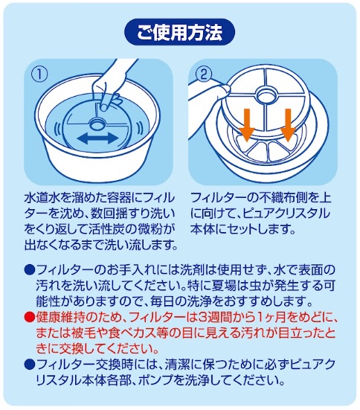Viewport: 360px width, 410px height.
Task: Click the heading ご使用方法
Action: (179, 32)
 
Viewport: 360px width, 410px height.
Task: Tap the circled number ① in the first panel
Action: (39, 74)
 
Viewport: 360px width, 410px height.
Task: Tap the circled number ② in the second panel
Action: (204, 74)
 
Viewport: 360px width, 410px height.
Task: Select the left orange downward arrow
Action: (247, 126)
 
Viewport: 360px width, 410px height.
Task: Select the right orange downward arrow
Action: (288, 126)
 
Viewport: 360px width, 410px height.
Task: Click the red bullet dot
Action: (30, 318)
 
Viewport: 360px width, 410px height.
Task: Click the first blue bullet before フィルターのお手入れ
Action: (30, 269)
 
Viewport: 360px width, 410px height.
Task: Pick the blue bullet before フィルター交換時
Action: (30, 364)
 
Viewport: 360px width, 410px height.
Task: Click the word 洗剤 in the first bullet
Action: (192, 269)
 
